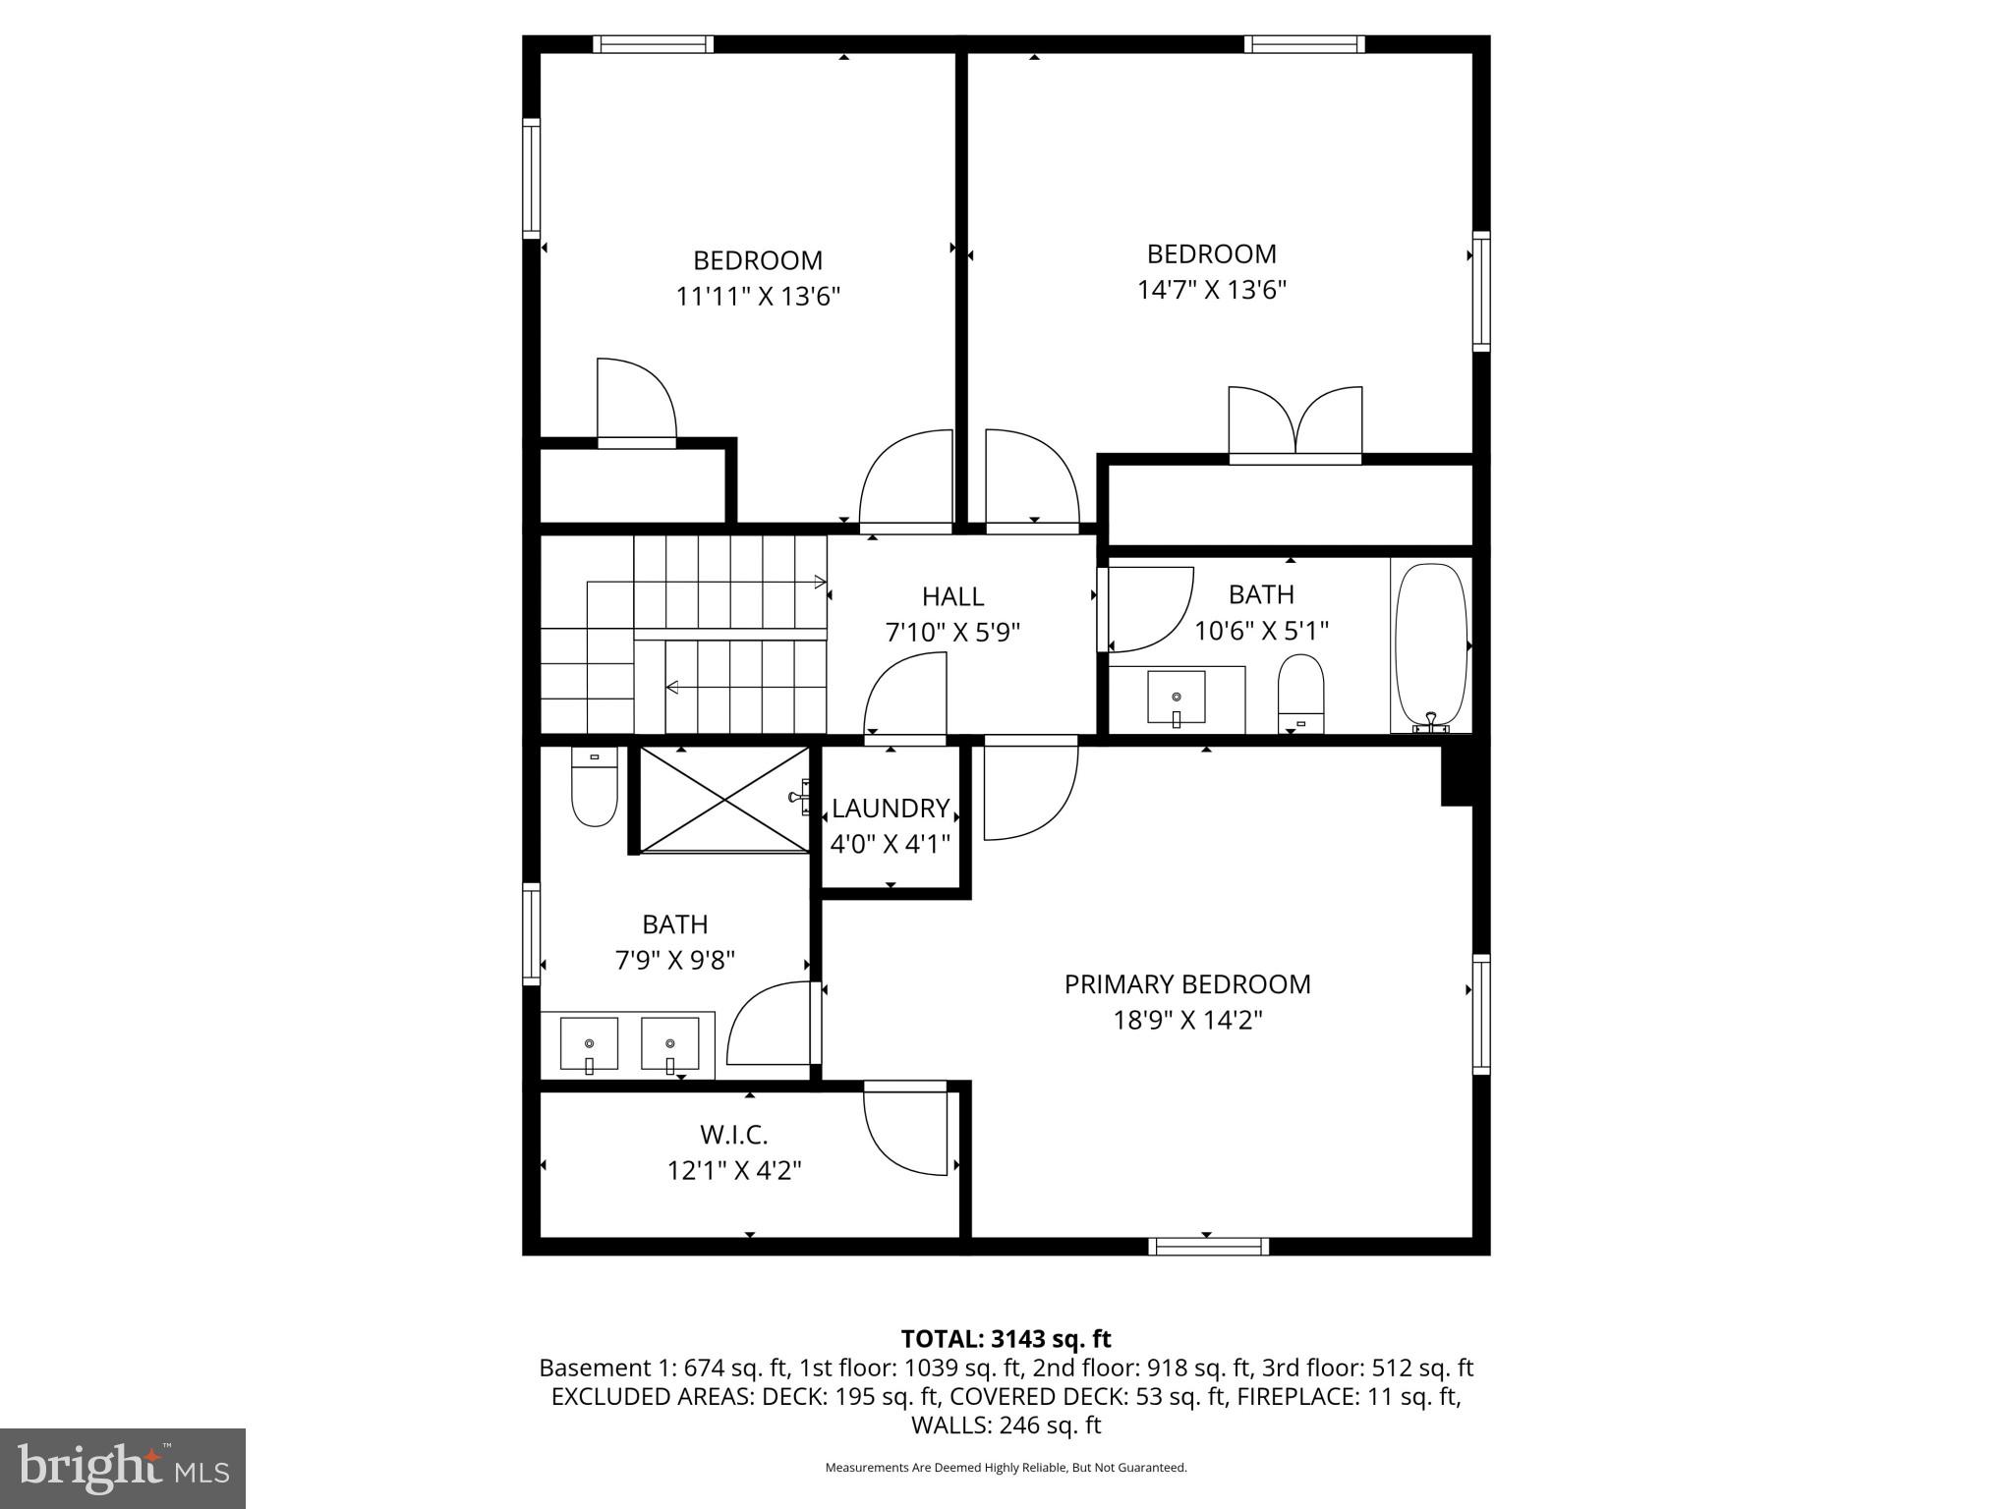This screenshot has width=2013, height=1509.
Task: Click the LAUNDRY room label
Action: point(890,808)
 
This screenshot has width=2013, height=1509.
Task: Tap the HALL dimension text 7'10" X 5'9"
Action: point(952,632)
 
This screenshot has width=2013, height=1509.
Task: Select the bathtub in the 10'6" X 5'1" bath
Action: point(1431,645)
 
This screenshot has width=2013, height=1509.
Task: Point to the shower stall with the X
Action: point(724,799)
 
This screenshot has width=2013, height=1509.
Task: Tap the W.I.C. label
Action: point(733,1135)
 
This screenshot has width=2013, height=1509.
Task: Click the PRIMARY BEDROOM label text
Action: point(1186,984)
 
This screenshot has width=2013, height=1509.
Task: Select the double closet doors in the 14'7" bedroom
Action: point(1295,423)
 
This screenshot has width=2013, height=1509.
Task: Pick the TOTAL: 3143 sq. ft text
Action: point(1006,1339)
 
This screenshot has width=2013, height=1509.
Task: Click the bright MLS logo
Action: point(123,1468)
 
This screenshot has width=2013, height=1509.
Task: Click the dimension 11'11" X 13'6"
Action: point(758,296)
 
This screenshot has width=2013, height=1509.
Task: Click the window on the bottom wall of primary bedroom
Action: point(1208,1247)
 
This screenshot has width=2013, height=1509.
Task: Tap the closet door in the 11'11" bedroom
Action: point(637,403)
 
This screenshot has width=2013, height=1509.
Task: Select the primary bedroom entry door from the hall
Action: point(1029,792)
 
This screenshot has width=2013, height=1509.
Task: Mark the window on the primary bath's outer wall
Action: point(531,933)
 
